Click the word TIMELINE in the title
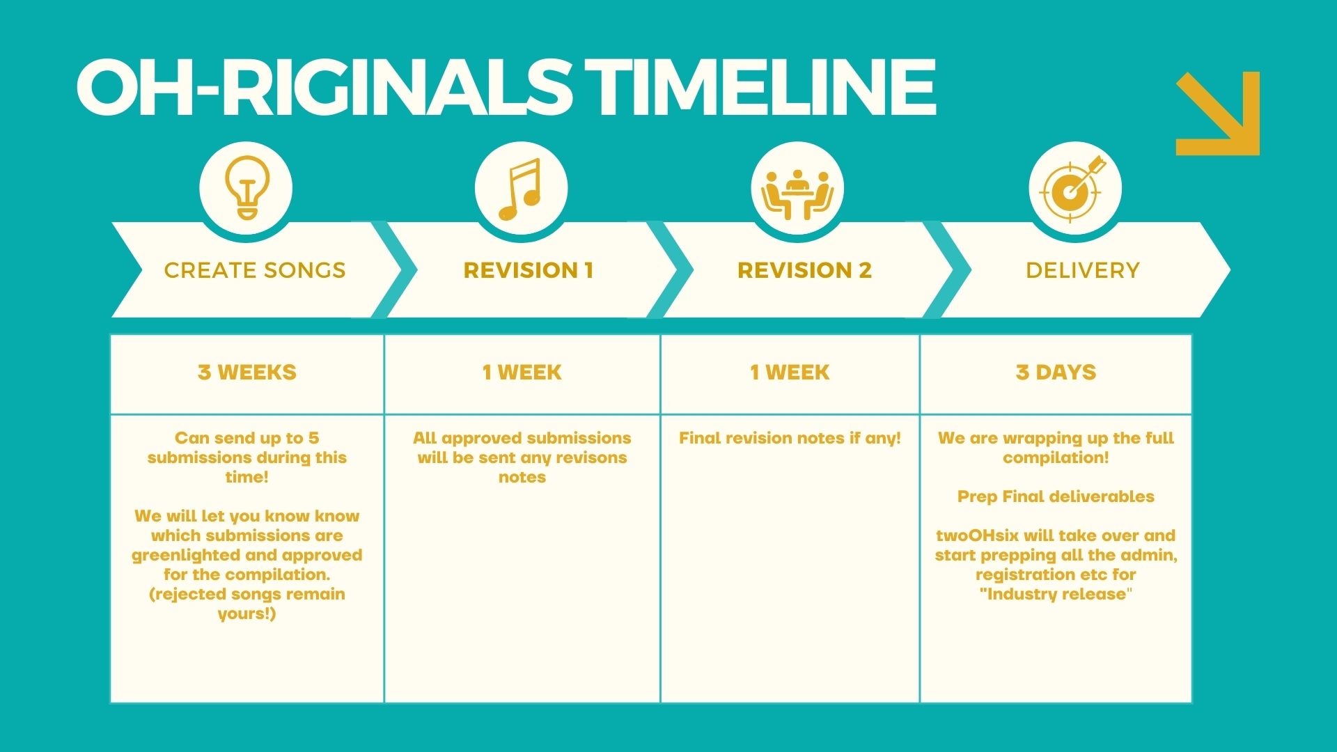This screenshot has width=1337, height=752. pos(760,87)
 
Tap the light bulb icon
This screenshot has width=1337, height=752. pos(247,187)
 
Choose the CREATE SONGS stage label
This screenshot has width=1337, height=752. pos(255,270)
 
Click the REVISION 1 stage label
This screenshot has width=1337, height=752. pos(529,270)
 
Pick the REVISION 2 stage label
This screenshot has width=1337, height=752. pos(805,270)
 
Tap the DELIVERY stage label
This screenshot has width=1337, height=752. pos(1083,270)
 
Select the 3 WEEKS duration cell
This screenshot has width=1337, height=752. pos(247,373)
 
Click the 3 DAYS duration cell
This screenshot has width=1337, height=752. pos(1056,373)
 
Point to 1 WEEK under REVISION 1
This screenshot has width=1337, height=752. pos(522,373)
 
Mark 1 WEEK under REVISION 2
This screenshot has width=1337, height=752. pos(790,373)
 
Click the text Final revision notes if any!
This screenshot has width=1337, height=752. pos(790,438)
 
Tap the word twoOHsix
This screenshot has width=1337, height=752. pos(977,535)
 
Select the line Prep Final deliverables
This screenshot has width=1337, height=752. pos(1056,496)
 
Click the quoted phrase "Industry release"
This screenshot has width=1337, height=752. pos(1056,594)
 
